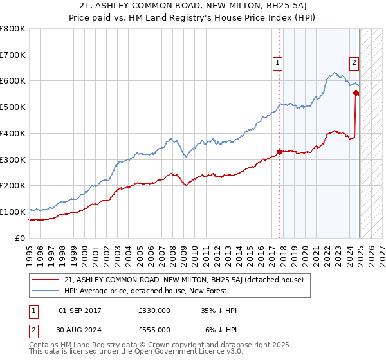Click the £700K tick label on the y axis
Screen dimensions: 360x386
coord(13,55)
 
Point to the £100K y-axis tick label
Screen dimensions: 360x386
coord(13,212)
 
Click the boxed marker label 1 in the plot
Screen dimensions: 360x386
coord(277,63)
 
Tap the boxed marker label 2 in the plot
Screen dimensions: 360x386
coord(354,63)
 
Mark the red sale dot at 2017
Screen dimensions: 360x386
coord(279,152)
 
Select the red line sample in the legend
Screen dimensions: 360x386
coord(46,279)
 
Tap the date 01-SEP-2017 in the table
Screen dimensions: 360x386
coord(80,310)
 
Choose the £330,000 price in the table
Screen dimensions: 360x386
coord(154,310)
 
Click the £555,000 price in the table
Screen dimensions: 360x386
coord(154,330)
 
